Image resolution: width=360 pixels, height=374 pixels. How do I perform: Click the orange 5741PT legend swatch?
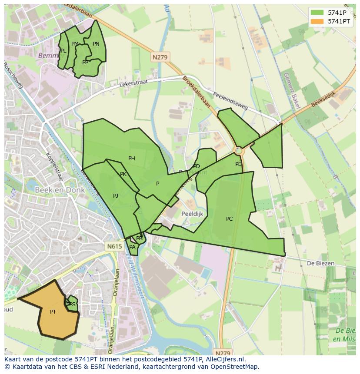click(x=317, y=21)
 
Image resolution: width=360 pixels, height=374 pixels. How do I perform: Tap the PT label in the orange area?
click(x=53, y=312)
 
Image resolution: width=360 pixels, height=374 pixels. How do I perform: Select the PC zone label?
click(x=230, y=219)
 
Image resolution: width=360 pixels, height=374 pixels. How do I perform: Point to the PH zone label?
click(x=132, y=159)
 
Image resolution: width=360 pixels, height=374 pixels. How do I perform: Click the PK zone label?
click(x=123, y=174)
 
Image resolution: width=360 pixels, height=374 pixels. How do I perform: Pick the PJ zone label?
click(x=116, y=196)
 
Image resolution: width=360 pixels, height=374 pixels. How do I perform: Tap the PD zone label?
click(x=197, y=166)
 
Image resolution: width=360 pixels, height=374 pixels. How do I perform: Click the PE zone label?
click(x=238, y=164)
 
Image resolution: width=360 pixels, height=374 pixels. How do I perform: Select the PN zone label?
click(x=96, y=44)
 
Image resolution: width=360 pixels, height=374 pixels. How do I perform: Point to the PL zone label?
click(x=63, y=51)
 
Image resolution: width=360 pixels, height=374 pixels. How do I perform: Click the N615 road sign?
click(x=114, y=246)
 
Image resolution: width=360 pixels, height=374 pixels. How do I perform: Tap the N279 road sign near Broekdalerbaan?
click(x=160, y=57)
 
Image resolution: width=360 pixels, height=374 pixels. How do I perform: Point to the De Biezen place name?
click(x=320, y=263)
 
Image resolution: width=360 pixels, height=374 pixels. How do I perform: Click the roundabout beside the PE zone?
click(x=238, y=150)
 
